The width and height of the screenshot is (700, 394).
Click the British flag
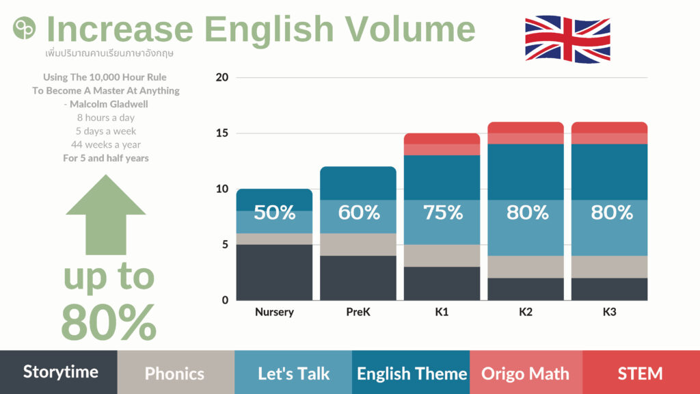coord(567,39)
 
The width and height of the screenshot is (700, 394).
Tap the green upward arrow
coord(106,214)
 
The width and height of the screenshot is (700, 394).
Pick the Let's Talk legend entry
coord(293,372)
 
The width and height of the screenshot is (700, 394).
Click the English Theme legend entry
coord(411,372)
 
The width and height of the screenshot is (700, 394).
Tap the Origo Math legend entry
coord(526,372)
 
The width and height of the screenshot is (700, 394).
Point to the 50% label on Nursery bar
coord(275,213)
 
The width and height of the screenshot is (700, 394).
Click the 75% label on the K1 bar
coord(442,213)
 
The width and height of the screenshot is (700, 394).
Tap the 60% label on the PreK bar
coord(358,213)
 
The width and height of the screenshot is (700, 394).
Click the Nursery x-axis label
coord(275,312)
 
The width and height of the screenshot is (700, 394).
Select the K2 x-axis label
coord(526,312)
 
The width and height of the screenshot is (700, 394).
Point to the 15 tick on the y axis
coord(222,133)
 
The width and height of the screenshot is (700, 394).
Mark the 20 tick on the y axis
coord(222,77)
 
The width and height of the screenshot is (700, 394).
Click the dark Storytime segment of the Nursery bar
coord(275,272)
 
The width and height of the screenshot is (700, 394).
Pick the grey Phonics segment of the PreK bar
coord(358,244)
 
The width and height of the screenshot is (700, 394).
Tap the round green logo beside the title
coord(24,28)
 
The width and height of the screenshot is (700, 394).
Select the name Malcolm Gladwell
coord(109,104)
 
